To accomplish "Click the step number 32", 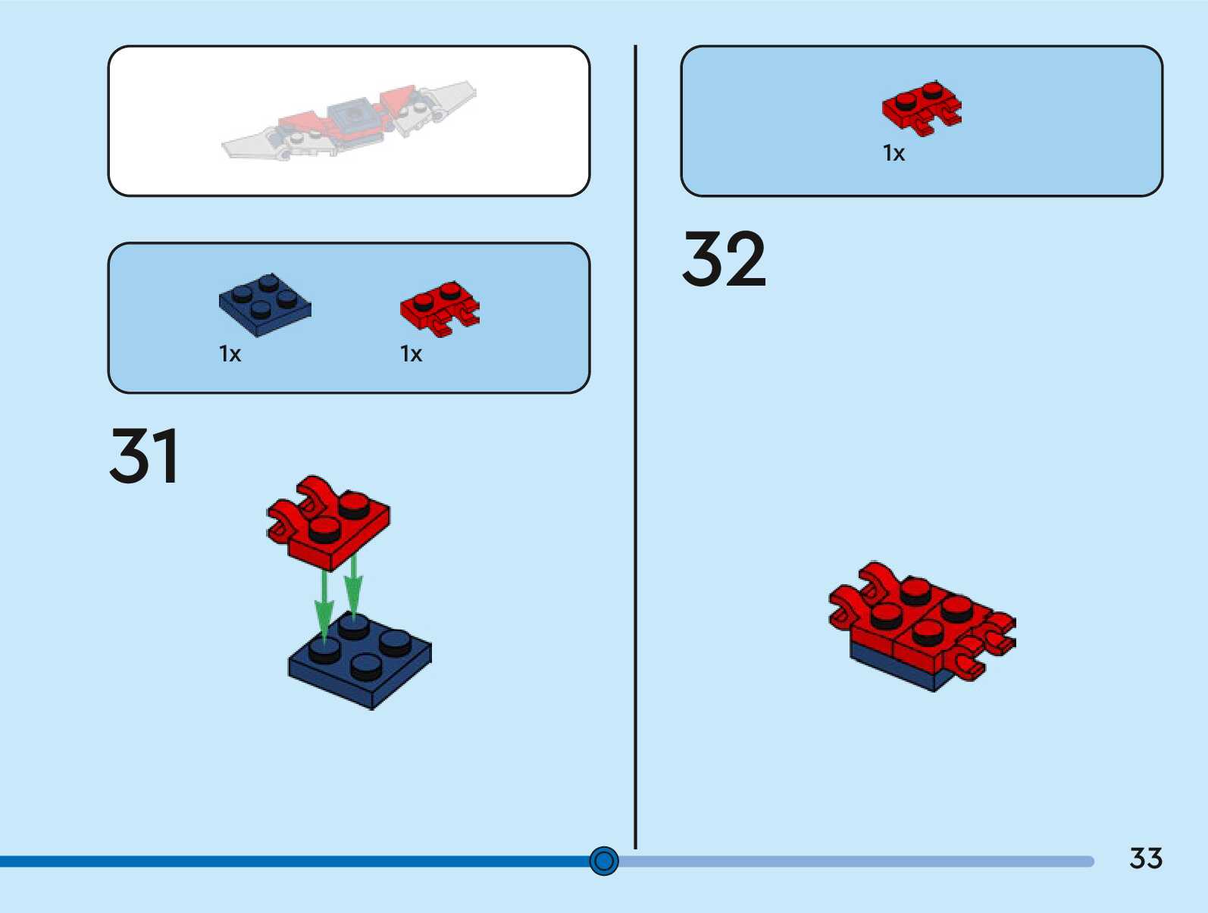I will pos(724,259).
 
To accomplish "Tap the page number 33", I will pos(1145,858).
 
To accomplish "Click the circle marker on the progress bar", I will pos(604,861).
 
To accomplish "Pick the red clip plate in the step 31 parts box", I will pos(439,308).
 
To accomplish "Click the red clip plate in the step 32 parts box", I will pos(921,108).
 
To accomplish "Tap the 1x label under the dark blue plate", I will pos(230,354).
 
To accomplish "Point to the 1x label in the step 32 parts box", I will pos(893,153).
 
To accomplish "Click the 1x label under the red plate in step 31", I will pos(411,354).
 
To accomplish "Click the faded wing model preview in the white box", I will pos(349,121).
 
